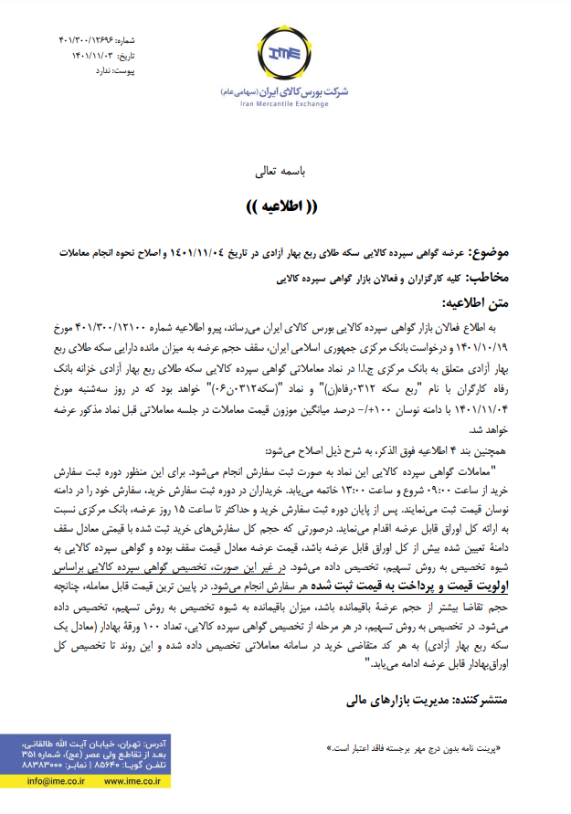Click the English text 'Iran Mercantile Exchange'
pyautogui.click(x=285, y=103)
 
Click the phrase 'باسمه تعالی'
pyautogui.click(x=284, y=171)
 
